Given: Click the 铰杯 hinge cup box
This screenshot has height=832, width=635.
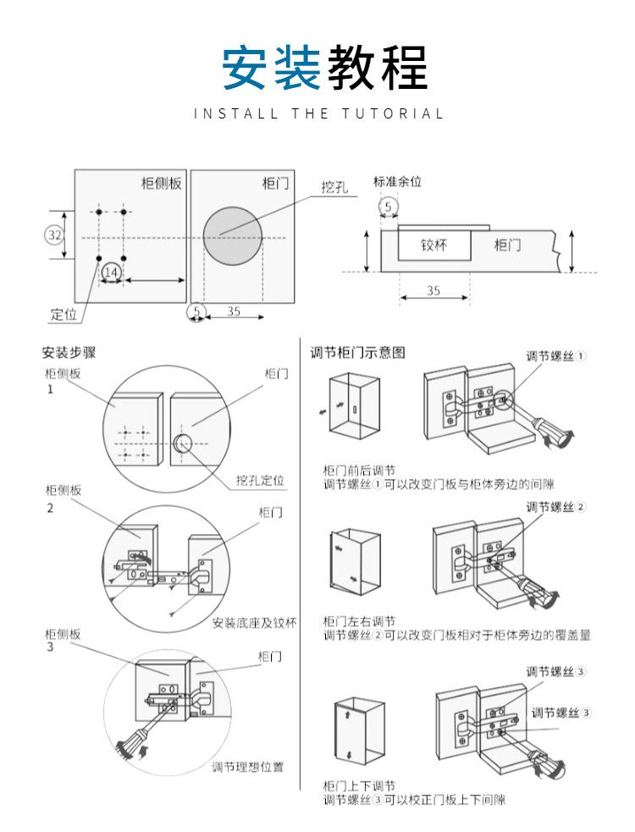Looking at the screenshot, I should tap(434, 245).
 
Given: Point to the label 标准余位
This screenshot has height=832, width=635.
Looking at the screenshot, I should tap(397, 181).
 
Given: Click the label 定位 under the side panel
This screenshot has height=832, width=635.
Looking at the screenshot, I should tap(63, 315).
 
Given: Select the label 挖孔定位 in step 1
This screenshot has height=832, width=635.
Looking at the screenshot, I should tap(260, 480).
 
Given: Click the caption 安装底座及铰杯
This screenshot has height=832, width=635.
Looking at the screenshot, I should tap(254, 623).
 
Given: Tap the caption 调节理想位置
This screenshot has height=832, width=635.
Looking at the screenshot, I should tap(247, 767).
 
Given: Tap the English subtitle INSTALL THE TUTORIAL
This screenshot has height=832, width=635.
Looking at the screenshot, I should tap(318, 113).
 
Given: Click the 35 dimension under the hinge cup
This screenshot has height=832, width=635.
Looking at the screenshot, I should tap(433, 290).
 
